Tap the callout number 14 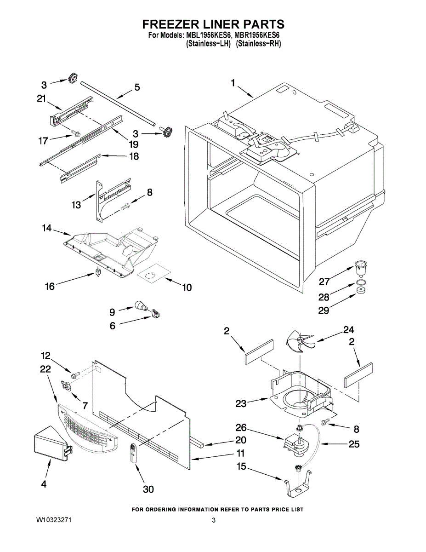(x=47, y=228)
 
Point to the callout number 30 (x=148, y=489)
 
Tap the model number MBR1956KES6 (x=258, y=35)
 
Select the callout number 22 (x=45, y=369)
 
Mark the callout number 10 (x=187, y=288)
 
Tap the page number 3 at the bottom (x=214, y=521)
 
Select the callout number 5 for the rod (x=136, y=87)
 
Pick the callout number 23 (x=241, y=403)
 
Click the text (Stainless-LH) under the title (x=208, y=44)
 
